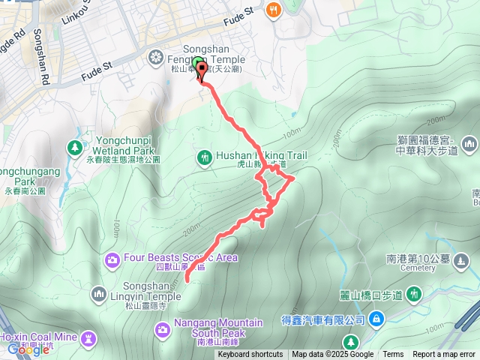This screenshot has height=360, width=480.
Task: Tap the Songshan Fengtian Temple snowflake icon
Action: [x=156, y=57]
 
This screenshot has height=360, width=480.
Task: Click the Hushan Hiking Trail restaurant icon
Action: [x=204, y=157]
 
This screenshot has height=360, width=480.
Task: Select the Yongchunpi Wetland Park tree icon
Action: [x=75, y=147]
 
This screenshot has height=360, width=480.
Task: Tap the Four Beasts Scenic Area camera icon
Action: [x=112, y=259]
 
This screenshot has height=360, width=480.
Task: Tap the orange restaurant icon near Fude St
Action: [x=274, y=10]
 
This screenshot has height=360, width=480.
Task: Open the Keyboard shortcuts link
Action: [x=250, y=355]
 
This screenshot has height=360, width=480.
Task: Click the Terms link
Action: [x=393, y=355]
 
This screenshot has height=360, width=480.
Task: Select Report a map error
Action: [x=445, y=355]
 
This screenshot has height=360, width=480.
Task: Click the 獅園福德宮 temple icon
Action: [x=469, y=143]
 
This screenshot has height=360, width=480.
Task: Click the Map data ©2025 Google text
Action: [x=332, y=355]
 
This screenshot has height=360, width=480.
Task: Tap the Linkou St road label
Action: [x=77, y=13]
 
